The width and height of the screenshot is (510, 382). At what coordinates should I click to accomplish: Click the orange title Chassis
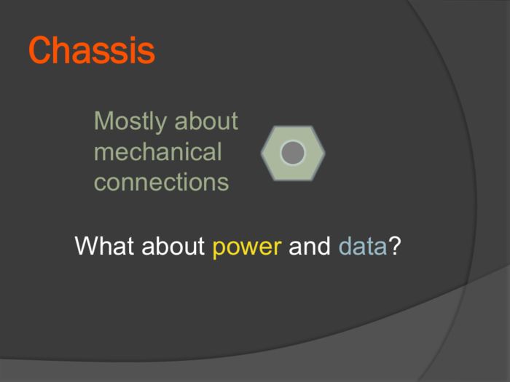(92, 50)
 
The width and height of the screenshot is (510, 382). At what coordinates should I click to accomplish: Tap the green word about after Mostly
(206, 121)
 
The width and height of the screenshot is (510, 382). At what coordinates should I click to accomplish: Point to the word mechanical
(158, 151)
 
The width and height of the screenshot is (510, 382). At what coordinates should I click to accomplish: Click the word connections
(161, 182)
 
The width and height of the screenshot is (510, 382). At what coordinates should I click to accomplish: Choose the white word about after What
(173, 246)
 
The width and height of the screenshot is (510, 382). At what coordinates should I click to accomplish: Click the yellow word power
(247, 247)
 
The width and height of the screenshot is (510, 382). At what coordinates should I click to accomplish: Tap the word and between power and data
(310, 246)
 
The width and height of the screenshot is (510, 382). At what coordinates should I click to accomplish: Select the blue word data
(363, 246)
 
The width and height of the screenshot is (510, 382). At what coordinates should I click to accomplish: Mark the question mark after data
(395, 245)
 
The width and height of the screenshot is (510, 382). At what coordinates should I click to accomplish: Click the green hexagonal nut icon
(293, 153)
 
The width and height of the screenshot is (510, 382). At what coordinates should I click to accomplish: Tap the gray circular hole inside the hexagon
(293, 153)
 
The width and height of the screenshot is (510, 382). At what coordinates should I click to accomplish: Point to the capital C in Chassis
(41, 50)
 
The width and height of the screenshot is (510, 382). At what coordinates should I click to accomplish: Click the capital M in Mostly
(103, 121)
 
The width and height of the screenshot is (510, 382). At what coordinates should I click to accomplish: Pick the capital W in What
(88, 246)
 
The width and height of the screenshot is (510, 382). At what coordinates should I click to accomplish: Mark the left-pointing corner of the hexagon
(261, 153)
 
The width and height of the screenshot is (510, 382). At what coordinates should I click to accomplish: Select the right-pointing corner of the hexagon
(325, 153)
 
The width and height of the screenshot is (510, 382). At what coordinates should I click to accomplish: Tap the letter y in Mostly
(162, 124)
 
